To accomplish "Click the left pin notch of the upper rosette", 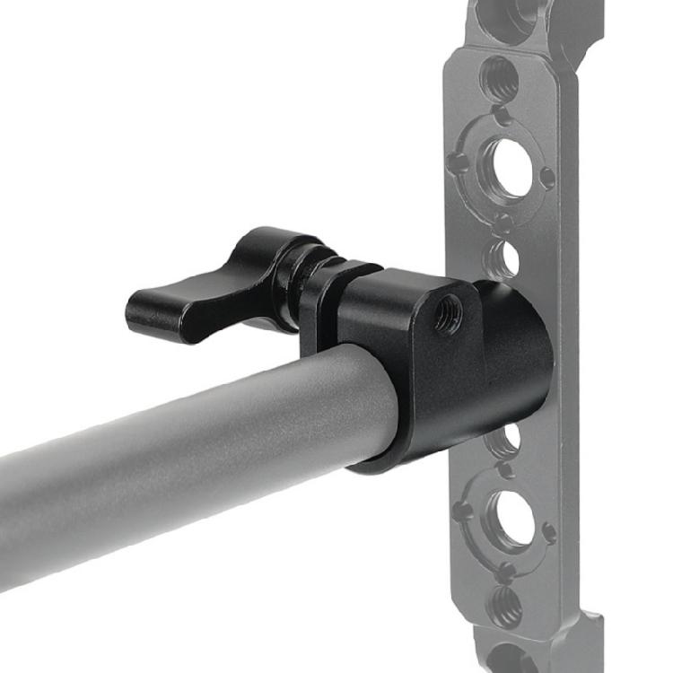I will pyautogui.click(x=459, y=162).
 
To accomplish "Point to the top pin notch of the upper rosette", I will pyautogui.click(x=503, y=116).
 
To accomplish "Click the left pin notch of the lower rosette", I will pyautogui.click(x=461, y=511).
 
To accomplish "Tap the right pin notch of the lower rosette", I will pyautogui.click(x=549, y=530).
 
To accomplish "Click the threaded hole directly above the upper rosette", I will pyautogui.click(x=499, y=78).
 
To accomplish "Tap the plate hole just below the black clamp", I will pyautogui.click(x=505, y=441).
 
